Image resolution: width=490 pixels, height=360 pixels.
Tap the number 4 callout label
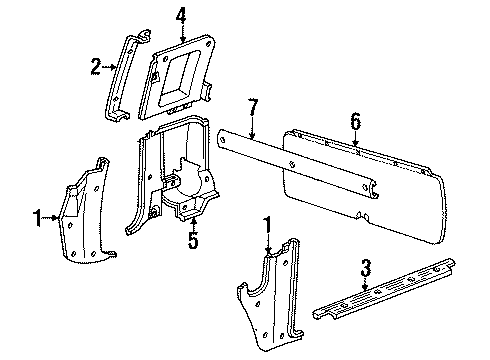[x=180, y=15]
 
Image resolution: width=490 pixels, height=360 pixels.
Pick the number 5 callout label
[x=193, y=241]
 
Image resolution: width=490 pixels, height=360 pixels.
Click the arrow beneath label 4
[x=180, y=34]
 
